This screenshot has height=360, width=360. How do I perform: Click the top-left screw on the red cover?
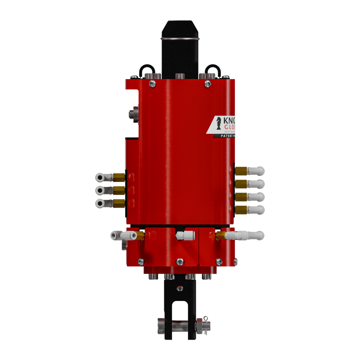(152, 83)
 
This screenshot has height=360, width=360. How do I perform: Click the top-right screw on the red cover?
(208, 83)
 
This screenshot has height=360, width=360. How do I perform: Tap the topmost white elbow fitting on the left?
(100, 177)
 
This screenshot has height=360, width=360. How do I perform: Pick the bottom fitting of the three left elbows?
(100, 203)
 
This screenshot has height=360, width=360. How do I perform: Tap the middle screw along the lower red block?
(180, 261)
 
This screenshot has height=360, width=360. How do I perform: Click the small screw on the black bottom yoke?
(180, 288)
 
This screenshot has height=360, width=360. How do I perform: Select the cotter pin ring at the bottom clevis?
(206, 319)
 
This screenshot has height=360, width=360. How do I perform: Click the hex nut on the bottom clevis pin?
(199, 326)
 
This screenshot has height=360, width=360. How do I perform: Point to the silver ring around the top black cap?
(180, 38)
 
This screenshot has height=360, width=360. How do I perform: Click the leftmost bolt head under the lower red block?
(152, 277)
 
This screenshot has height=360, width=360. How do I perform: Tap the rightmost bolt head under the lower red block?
(206, 277)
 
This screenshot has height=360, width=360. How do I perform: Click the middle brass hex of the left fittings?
(119, 190)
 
